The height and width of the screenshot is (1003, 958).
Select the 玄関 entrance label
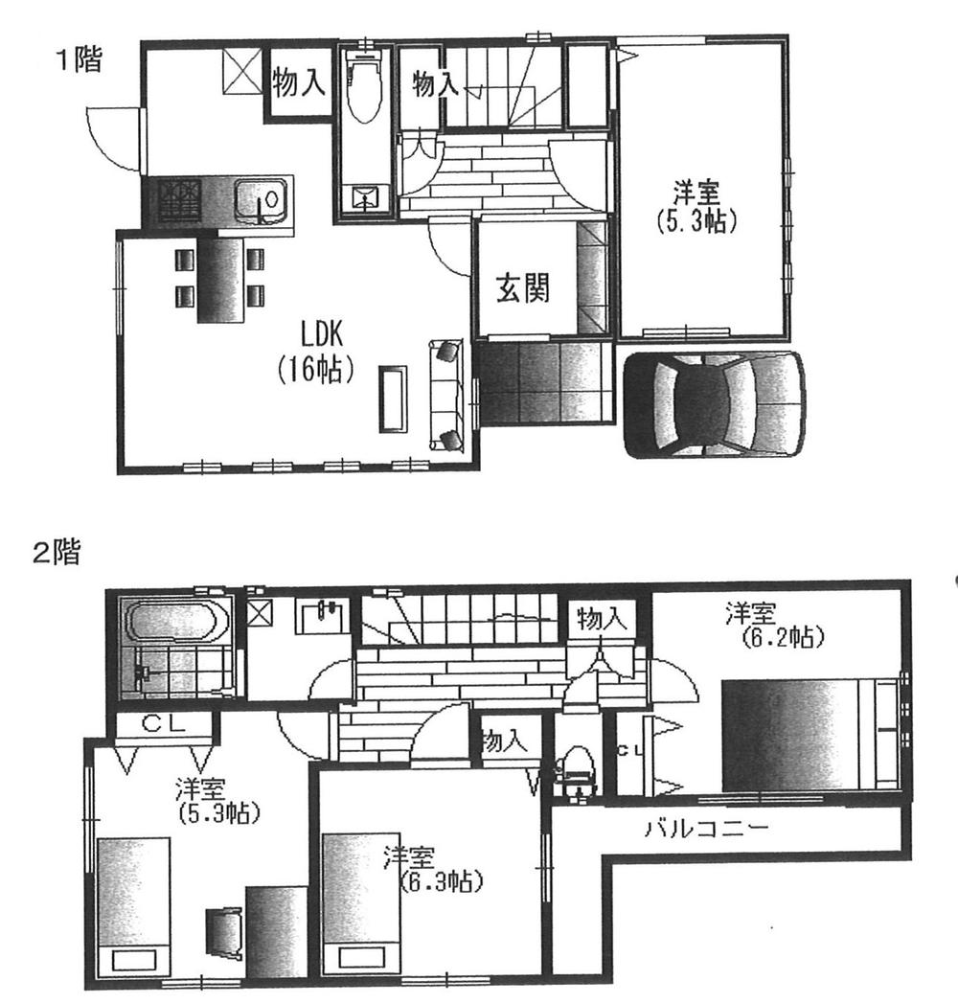tap(522, 287)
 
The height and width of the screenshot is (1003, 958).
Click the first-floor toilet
tap(364, 91)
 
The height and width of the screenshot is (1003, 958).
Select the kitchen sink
tap(261, 202)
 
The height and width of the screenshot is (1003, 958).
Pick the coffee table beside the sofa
tap(392, 399)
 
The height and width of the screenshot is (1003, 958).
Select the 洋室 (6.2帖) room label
tap(775, 624)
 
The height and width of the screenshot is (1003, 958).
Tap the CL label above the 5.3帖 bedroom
tap(164, 724)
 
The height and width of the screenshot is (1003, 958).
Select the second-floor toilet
tap(577, 772)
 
